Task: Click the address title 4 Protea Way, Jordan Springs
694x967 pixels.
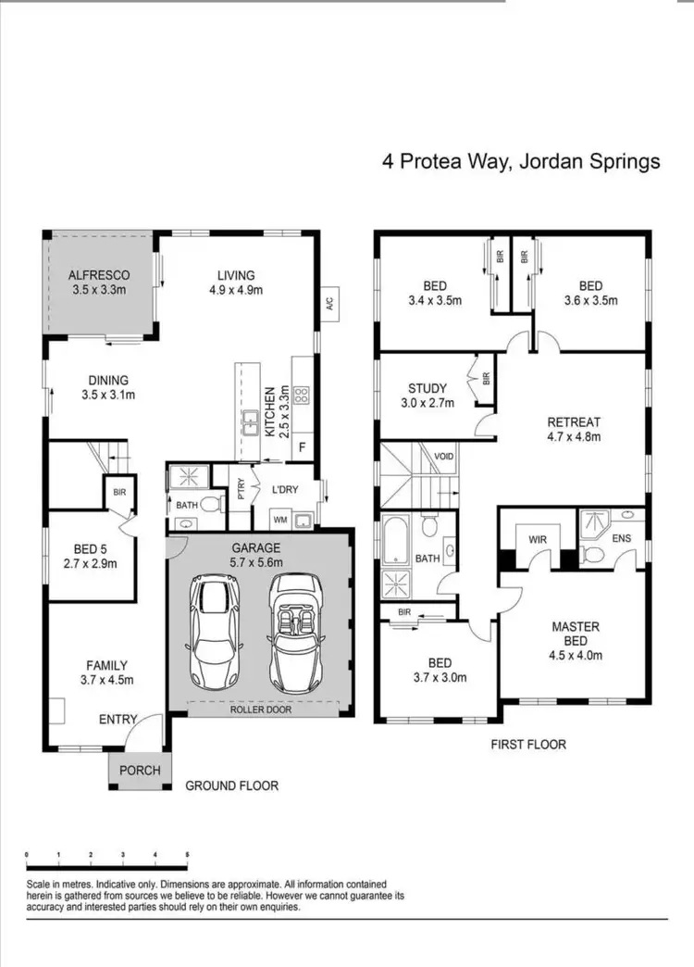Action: (521, 162)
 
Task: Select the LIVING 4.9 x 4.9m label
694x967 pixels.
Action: (235, 283)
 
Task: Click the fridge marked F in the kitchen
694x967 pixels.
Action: (303, 446)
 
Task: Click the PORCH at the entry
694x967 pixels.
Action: (140, 771)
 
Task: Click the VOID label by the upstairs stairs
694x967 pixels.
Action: (444, 457)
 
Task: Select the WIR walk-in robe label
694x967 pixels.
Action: (539, 537)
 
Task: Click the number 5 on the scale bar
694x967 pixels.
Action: (188, 855)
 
